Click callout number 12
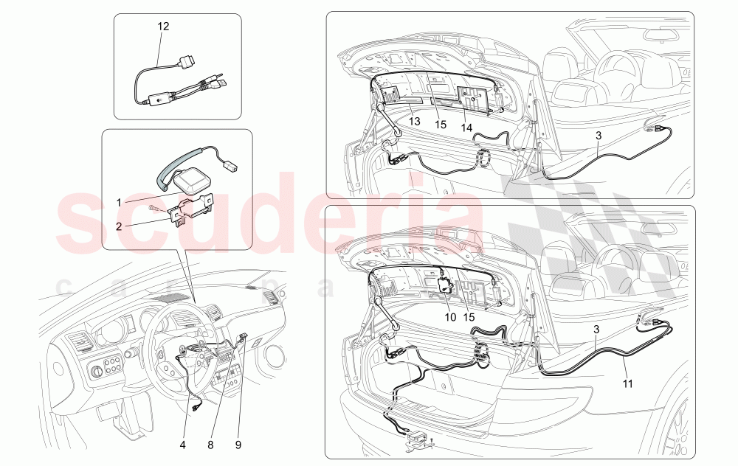click(163, 27)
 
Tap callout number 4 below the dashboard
click(183, 445)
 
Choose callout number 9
click(239, 445)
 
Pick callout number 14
click(466, 127)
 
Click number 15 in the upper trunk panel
click(441, 125)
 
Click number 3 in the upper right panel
click(599, 135)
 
